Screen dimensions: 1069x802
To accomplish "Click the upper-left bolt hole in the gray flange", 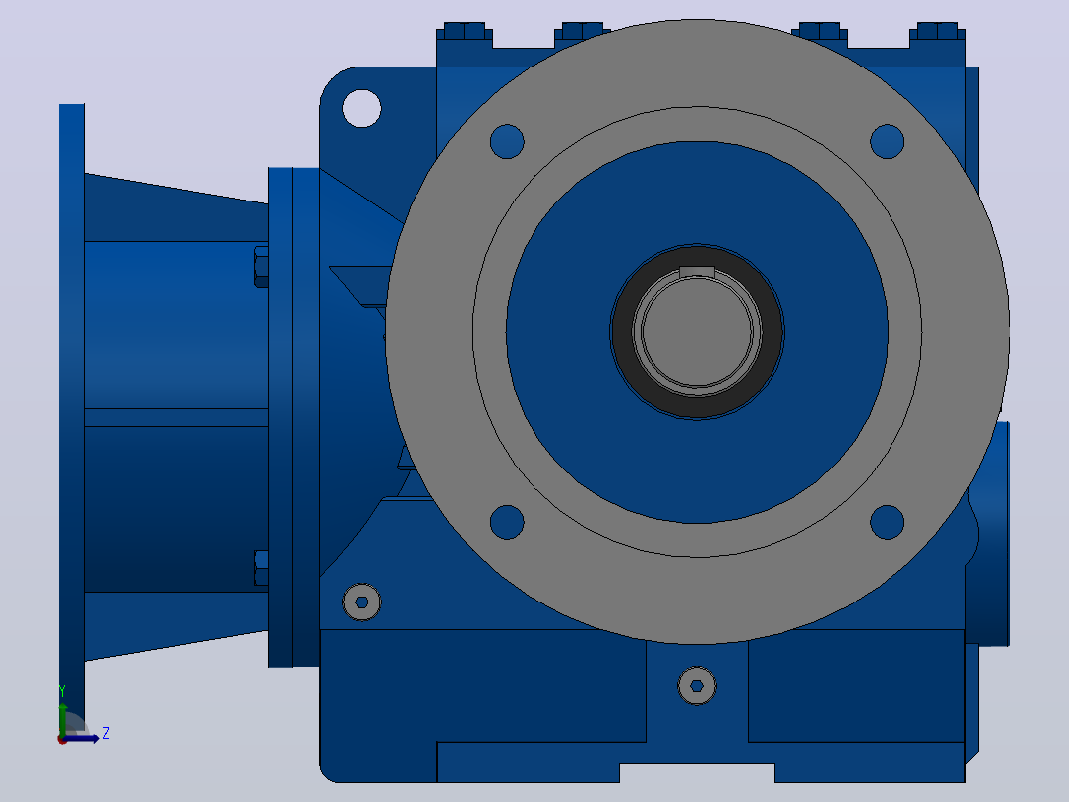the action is [507, 141].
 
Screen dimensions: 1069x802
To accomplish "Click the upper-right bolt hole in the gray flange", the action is [887, 141].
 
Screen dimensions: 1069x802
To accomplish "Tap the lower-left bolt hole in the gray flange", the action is [507, 522].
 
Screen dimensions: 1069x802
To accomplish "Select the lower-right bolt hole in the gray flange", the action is [887, 522].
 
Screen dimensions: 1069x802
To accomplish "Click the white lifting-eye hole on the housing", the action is [361, 108].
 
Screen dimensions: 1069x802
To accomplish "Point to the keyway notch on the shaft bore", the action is [697, 272].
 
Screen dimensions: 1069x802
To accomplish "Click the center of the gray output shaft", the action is [697, 332].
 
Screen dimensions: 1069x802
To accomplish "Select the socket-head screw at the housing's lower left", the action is [361, 602].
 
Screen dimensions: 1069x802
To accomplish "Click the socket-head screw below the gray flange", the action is [697, 685].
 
